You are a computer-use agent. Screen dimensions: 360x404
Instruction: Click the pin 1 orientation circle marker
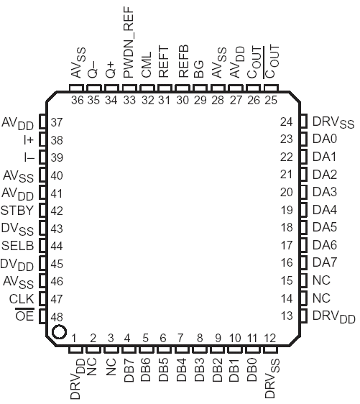(x=59, y=332)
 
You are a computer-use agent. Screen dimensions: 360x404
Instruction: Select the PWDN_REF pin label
(x=129, y=42)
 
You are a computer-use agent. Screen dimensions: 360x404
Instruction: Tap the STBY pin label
(x=17, y=211)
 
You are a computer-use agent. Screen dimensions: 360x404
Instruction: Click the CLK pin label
(x=22, y=299)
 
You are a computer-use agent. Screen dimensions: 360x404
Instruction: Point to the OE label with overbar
(x=24, y=315)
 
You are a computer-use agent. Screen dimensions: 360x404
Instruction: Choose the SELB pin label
(x=18, y=246)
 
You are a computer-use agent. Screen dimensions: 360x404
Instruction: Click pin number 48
(x=57, y=317)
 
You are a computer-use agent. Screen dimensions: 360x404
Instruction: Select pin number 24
(x=287, y=122)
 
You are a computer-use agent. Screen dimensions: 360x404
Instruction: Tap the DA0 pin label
(x=325, y=139)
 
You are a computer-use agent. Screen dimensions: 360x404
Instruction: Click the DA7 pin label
(x=325, y=262)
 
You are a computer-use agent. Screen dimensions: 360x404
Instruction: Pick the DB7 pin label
(x=129, y=370)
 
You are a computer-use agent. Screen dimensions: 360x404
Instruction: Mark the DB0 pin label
(x=251, y=370)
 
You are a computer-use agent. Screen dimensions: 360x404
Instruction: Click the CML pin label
(x=147, y=65)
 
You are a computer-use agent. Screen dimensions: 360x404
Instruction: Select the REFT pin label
(x=164, y=62)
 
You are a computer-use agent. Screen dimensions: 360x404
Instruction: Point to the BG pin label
(x=199, y=69)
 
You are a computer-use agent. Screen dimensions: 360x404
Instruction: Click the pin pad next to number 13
(x=304, y=316)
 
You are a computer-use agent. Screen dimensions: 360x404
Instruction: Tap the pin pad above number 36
(x=76, y=88)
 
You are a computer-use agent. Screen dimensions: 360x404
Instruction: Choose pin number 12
(x=270, y=338)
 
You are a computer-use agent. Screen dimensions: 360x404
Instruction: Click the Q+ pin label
(x=111, y=70)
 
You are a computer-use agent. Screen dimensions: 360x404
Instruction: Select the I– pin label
(x=29, y=157)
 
